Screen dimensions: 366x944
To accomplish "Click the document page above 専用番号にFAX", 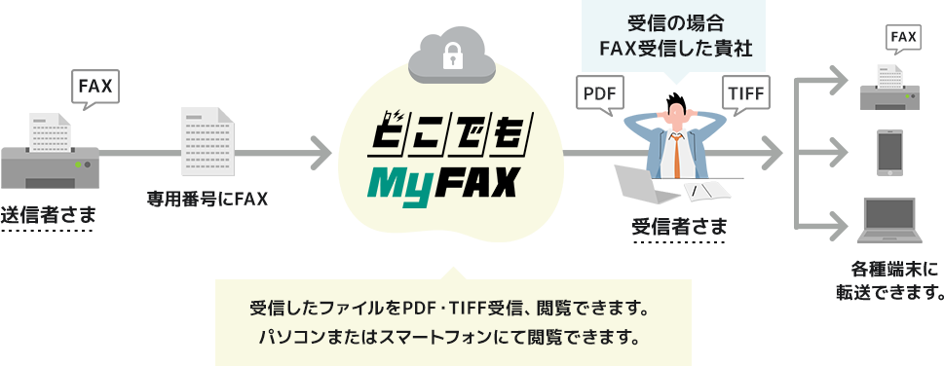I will [208, 143].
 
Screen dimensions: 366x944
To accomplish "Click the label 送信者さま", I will [49, 214].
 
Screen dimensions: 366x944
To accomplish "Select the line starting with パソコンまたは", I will [450, 339].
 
